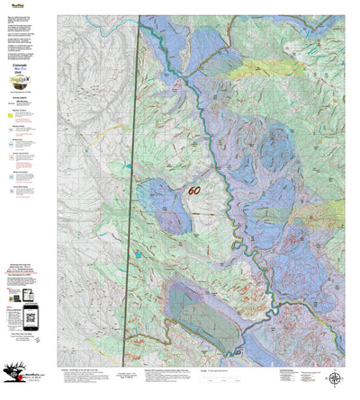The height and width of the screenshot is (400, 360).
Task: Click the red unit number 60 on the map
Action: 193,191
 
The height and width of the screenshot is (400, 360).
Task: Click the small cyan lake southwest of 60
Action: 138,255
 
